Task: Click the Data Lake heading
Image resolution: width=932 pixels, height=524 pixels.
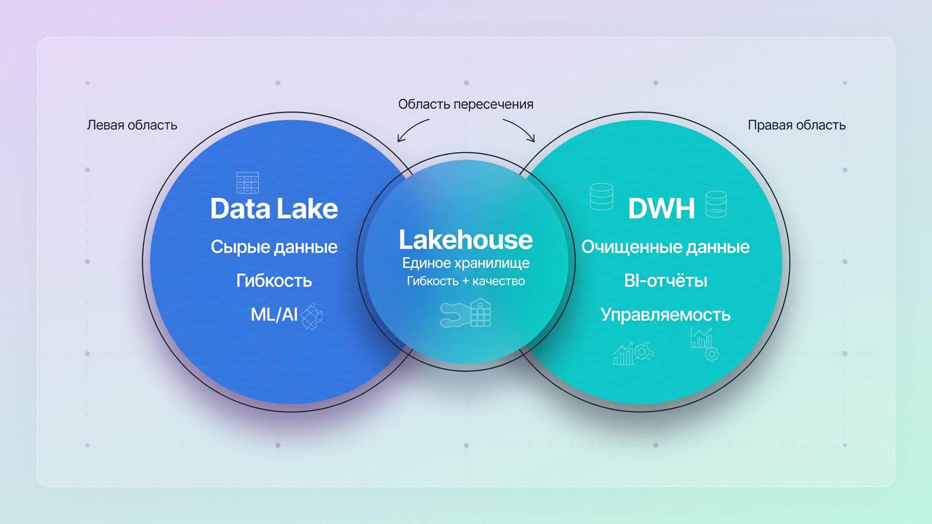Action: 274,209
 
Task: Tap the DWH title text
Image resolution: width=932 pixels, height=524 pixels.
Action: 661,209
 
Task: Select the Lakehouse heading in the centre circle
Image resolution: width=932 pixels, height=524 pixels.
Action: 466,240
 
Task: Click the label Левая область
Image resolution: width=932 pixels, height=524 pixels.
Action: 132,125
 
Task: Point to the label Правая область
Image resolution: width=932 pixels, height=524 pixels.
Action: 797,125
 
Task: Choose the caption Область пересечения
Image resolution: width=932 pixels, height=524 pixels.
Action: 466,104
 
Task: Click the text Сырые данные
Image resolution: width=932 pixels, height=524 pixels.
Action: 274,247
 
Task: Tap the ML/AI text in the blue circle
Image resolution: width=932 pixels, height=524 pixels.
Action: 274,314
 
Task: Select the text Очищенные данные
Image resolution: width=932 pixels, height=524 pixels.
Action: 666,247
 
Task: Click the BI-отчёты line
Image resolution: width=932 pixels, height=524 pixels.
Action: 666,281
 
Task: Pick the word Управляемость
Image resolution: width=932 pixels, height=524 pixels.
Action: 666,315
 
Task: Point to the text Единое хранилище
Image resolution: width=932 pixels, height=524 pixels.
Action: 466,263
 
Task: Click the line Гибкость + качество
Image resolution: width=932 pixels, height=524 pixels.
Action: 466,281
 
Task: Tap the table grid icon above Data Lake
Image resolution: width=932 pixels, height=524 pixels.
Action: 248,183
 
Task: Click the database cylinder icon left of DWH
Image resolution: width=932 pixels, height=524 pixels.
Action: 601,196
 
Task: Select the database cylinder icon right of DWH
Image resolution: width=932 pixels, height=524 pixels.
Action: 716,204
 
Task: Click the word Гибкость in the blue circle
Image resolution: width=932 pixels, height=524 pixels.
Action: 274,281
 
